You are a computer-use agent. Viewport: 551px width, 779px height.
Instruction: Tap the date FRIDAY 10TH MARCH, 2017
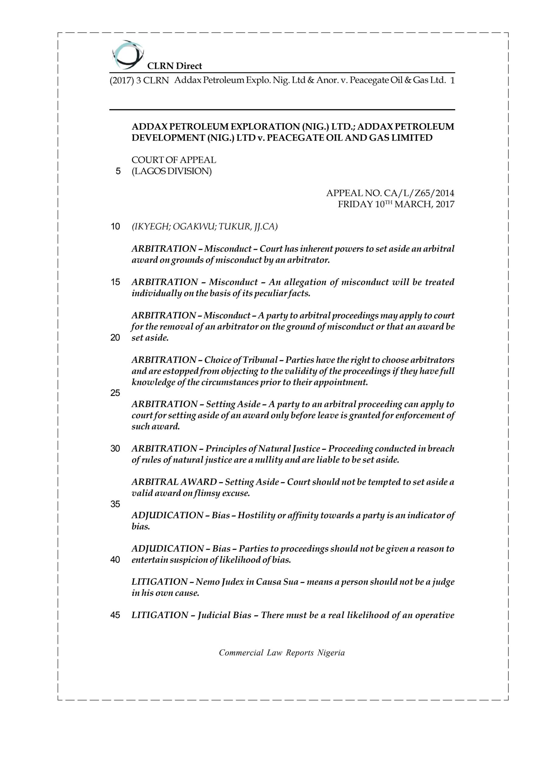[x=396, y=204]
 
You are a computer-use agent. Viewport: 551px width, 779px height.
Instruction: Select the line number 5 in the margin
[x=118, y=171]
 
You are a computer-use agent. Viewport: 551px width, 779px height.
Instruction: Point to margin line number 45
[x=115, y=615]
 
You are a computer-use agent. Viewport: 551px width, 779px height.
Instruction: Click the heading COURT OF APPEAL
[x=174, y=160]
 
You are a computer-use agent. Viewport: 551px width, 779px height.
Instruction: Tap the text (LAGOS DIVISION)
[x=172, y=171]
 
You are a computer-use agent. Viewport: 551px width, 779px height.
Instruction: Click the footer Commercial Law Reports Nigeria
[x=282, y=652]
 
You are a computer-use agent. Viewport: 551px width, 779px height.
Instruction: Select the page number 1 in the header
[x=452, y=80]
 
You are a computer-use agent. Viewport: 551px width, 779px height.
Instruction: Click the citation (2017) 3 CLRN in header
[x=139, y=81]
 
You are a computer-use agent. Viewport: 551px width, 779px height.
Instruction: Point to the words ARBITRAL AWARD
[x=174, y=482]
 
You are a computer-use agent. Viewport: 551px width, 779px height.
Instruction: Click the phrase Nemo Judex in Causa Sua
[x=247, y=582]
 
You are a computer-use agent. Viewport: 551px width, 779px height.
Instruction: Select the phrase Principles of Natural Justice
[x=263, y=449]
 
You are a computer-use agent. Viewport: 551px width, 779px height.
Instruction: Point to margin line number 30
[x=115, y=449]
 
